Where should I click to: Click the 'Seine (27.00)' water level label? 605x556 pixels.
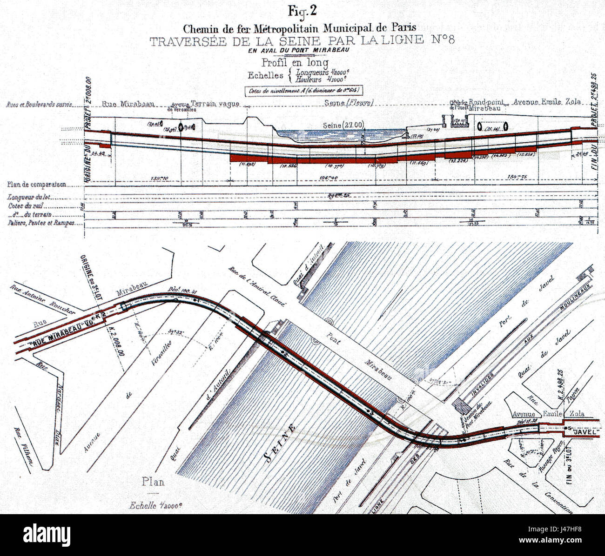coord(343,125)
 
